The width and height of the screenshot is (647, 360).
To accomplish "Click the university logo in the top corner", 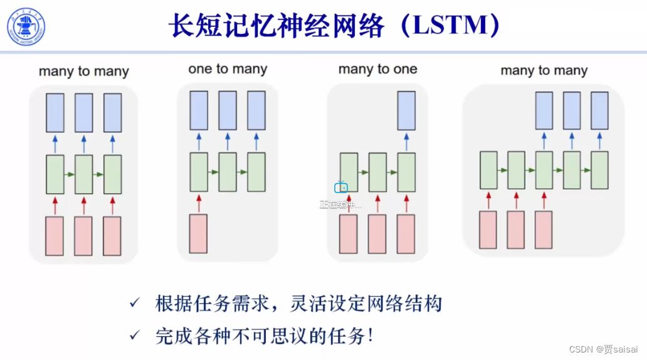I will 26,26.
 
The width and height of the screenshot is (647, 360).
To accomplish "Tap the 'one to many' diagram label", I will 228,69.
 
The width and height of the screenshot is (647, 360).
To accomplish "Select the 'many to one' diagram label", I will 377,69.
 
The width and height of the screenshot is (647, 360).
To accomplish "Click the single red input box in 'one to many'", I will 198,233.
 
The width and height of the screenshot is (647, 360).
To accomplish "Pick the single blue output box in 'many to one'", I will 406,110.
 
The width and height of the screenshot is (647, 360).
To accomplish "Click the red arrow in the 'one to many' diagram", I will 199,203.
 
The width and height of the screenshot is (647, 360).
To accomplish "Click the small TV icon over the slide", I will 341,187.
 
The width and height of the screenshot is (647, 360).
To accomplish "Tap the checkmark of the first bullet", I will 134,304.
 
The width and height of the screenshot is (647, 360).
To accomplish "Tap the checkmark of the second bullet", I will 134,336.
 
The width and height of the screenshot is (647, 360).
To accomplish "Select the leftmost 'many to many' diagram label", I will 83,71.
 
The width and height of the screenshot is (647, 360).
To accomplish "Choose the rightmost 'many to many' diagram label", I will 544,70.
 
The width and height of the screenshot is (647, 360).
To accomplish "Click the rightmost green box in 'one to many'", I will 256,172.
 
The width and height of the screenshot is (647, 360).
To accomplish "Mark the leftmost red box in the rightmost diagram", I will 488,230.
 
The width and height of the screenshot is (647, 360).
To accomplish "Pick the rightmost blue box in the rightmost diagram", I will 600,110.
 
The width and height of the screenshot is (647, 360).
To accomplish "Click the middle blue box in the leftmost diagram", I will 83,113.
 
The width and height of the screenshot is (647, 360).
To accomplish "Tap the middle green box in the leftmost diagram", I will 83,174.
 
